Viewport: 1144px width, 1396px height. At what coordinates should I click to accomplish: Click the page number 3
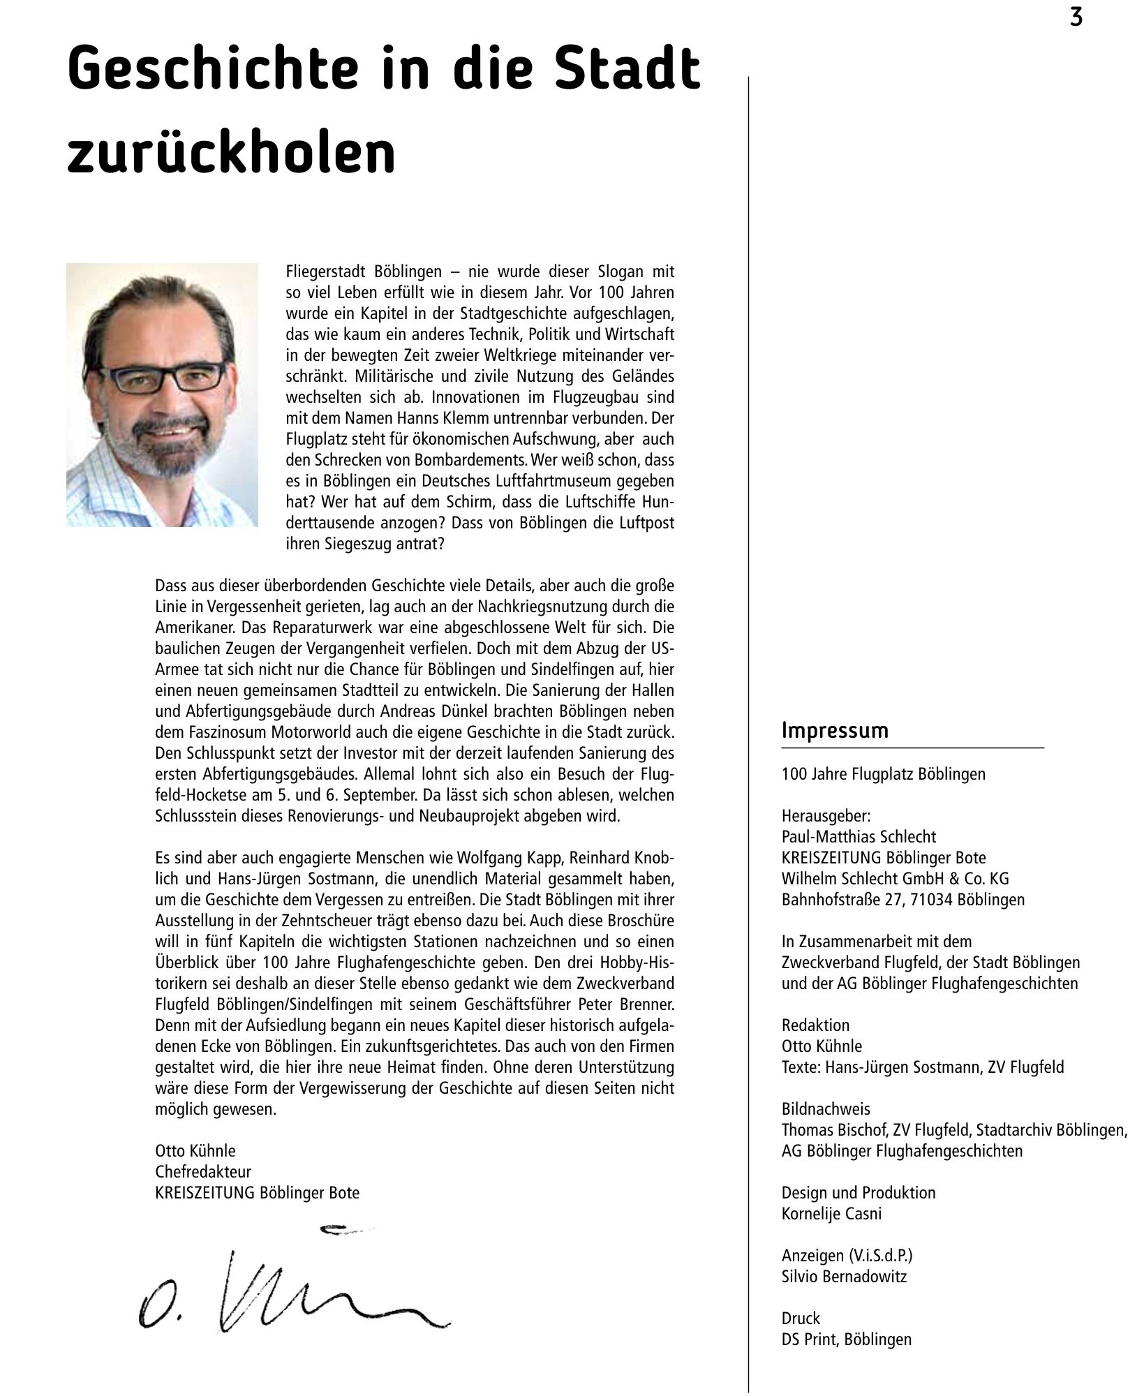click(x=1076, y=17)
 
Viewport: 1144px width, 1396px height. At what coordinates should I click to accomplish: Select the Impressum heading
click(x=835, y=731)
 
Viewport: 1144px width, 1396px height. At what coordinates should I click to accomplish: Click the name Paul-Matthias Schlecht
click(x=859, y=836)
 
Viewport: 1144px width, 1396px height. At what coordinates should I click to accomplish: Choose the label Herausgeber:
click(x=826, y=815)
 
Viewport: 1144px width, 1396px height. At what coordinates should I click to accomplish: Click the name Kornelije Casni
click(x=831, y=1213)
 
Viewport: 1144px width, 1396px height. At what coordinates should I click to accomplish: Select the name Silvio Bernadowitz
click(x=844, y=1276)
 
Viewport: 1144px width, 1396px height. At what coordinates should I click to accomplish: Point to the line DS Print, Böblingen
click(x=846, y=1339)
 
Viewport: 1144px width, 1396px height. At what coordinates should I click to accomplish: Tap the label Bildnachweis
click(x=826, y=1108)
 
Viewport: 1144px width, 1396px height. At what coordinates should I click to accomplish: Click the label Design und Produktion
click(x=858, y=1192)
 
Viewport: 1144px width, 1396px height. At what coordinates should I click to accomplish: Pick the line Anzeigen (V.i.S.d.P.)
click(x=847, y=1255)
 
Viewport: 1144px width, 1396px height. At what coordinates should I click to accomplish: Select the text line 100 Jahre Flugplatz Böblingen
click(x=883, y=773)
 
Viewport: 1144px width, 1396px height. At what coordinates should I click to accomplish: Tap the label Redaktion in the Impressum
click(x=815, y=1025)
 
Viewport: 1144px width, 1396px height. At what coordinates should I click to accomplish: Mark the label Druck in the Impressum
click(x=801, y=1318)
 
